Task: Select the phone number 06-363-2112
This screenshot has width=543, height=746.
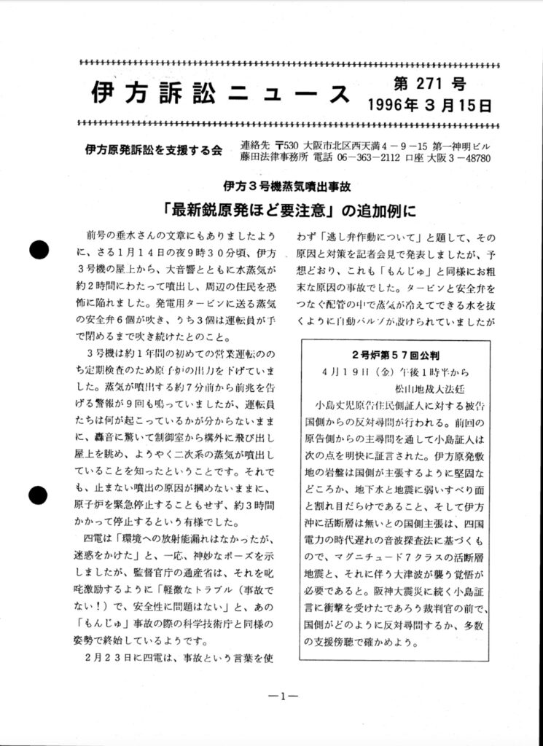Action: tap(380, 157)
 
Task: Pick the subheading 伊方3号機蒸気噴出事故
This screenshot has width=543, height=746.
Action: tap(288, 185)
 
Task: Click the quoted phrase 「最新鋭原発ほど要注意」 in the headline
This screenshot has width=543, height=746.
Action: tap(249, 211)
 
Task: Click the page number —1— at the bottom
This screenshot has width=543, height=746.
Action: tap(280, 696)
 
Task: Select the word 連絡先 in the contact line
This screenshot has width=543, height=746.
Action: tap(254, 145)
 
